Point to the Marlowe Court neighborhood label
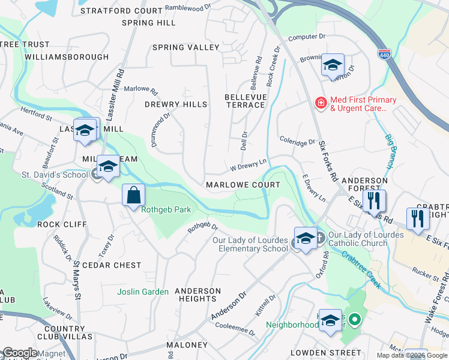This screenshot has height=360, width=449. tap(243, 185)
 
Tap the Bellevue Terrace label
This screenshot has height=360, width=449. tap(245, 101)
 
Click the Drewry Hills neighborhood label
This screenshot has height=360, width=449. tap(176, 104)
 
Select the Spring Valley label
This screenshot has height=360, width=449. tap(185, 47)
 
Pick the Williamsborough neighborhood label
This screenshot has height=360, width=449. tap(67, 57)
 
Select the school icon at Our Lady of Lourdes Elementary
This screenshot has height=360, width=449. tap(306, 238)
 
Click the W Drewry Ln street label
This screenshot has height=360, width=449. tap(247, 164)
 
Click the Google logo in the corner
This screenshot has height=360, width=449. tap(20, 353)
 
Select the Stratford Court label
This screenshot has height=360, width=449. tap(130, 11)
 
